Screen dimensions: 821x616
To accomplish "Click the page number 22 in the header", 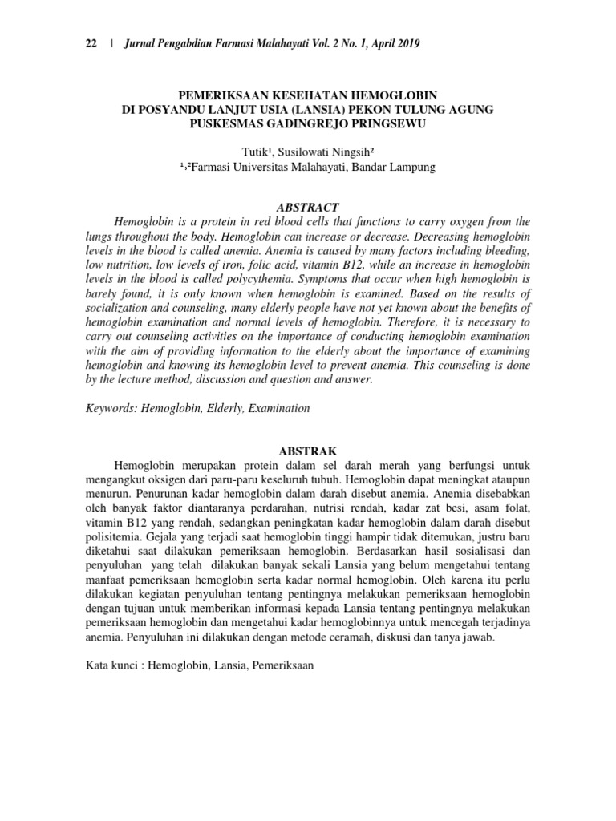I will click(91, 44).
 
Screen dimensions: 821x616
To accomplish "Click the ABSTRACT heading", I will click(307, 207).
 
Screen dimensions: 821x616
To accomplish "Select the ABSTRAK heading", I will click(307, 451).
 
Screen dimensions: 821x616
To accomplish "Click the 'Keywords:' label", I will click(111, 408).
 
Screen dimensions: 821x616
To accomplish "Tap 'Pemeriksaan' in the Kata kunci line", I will click(283, 665).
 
